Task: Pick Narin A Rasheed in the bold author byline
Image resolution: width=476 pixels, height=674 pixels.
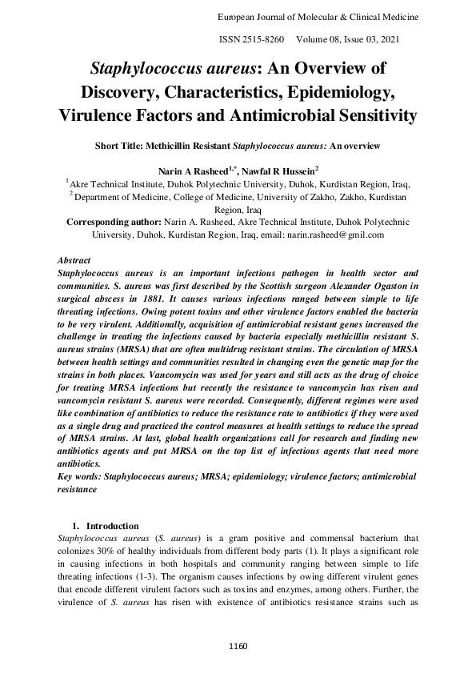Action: [193, 171]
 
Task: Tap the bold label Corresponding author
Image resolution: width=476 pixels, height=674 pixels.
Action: [114, 222]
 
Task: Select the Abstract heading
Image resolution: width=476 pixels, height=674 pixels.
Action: [75, 261]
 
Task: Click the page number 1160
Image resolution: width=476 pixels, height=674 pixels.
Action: [238, 645]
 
